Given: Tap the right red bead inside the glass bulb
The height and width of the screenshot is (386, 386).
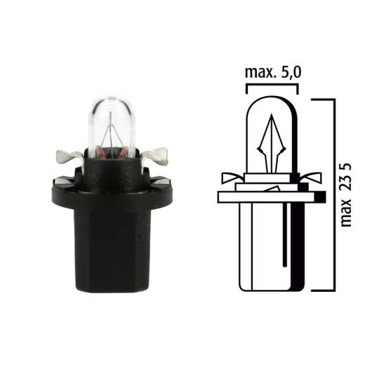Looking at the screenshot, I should tap(120, 150).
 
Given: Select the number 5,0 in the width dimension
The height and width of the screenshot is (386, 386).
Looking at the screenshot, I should tap(287, 73).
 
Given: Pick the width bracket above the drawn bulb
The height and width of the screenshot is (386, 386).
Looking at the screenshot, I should tap(272, 88).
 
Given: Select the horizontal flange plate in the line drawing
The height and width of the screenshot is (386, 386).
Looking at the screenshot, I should tap(270, 197).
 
